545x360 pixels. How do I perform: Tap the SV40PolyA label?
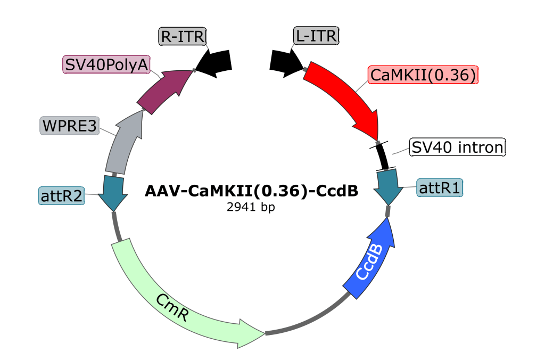pos(106,65)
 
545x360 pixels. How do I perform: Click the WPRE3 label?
pos(70,126)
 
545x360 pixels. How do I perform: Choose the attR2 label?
pos(62,195)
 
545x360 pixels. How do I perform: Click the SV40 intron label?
pos(457,148)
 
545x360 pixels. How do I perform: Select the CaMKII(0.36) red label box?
pos(424,75)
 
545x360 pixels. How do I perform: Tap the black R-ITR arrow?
pos(214,62)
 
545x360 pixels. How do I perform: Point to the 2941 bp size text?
pos(251,207)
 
